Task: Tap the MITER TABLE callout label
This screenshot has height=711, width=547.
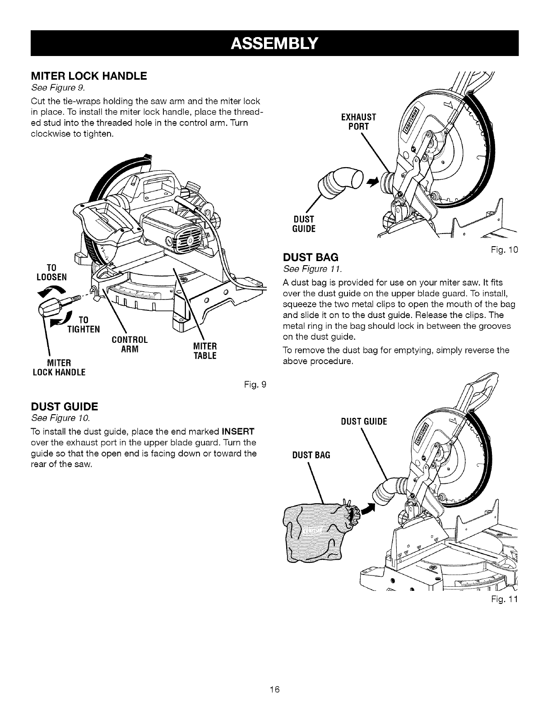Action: (x=205, y=351)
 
